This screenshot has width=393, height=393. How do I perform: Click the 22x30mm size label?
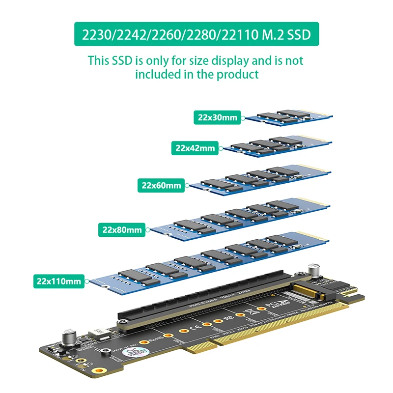click(218, 117)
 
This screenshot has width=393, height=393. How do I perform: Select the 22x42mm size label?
click(195, 147)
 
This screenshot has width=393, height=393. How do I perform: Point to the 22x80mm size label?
click(122, 229)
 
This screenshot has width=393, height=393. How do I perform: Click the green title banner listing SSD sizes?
click(196, 34)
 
